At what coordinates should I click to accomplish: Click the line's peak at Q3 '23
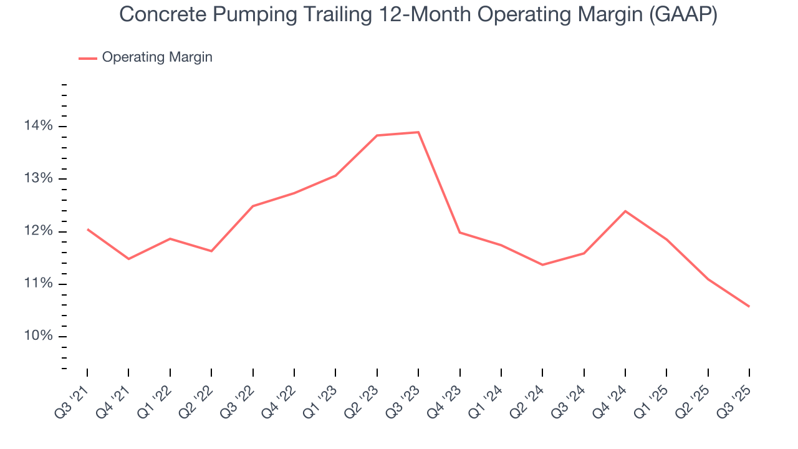(418, 132)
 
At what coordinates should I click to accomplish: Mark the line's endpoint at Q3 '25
(749, 306)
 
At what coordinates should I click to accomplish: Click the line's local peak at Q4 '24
(625, 211)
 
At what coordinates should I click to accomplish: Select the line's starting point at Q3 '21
(87, 229)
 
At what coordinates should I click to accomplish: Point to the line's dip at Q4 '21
(128, 259)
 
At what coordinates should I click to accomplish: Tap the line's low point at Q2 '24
(542, 265)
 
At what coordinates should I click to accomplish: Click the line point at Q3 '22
(252, 206)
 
